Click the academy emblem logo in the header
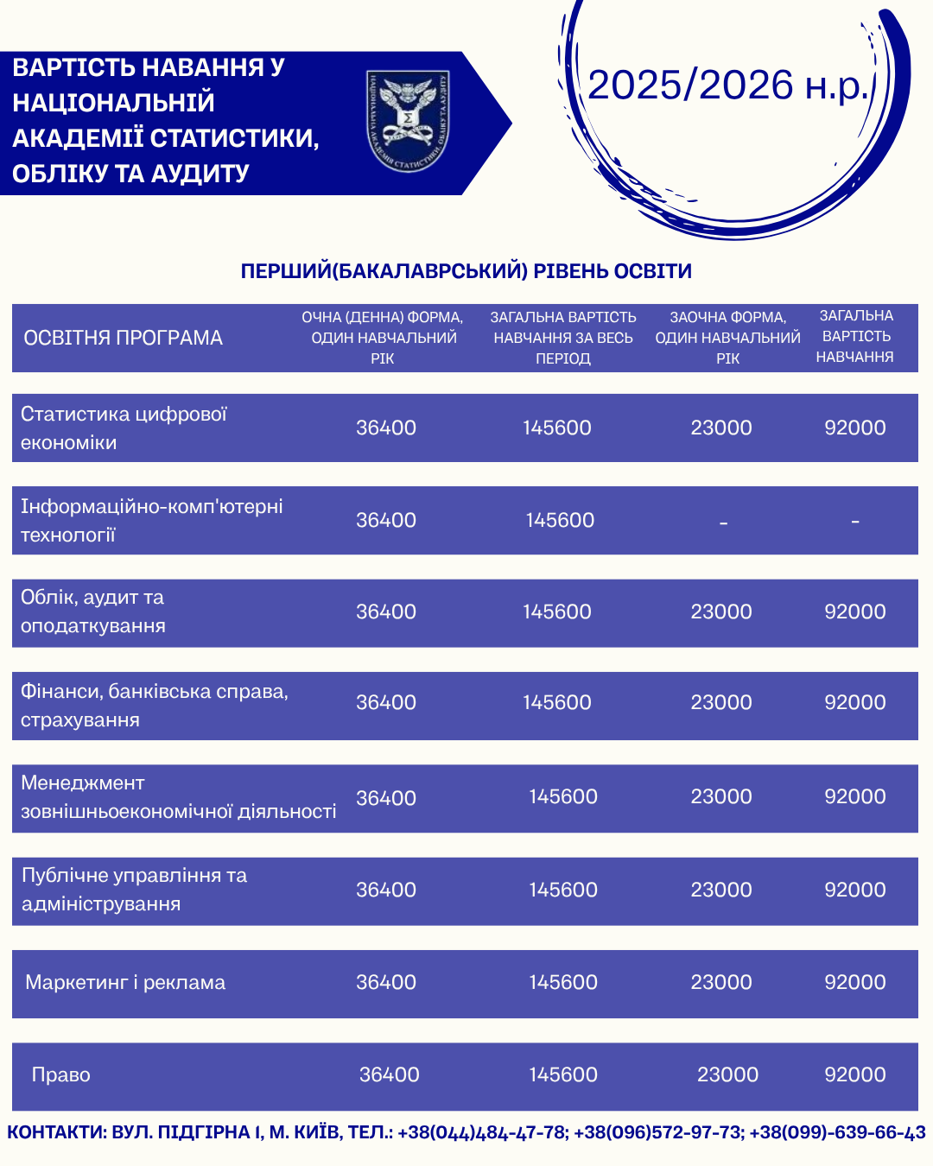tap(408, 121)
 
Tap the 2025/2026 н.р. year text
tap(727, 86)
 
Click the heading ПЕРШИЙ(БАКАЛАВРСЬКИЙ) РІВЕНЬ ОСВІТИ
tap(466, 271)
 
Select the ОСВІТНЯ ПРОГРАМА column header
tap(124, 338)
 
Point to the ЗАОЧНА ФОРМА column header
tap(727, 338)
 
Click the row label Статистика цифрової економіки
tap(124, 428)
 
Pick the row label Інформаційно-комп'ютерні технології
tap(151, 521)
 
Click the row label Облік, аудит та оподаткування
tap(93, 612)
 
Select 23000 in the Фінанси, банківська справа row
tap(721, 703)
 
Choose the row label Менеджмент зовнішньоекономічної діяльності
tap(178, 797)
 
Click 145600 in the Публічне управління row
tap(563, 890)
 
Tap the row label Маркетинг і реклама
tap(125, 983)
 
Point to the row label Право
tap(61, 1075)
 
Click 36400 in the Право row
tap(390, 1075)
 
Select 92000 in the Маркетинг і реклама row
tap(855, 983)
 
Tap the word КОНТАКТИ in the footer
tap(55, 1132)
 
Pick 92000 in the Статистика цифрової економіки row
tap(855, 428)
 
